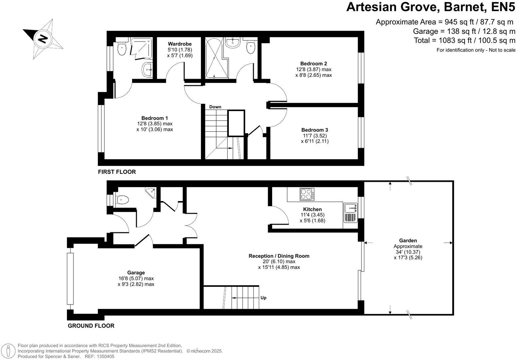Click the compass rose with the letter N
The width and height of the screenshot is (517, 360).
pos(43,39)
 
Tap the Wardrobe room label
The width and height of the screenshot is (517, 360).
pos(180,44)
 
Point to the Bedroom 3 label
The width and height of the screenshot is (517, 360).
pos(314,130)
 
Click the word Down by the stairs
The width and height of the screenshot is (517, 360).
pos(215,107)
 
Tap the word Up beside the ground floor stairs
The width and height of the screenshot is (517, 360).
pos(263,298)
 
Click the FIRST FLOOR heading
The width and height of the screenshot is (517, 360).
pos(117,172)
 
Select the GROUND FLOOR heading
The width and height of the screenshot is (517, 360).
pos(91,326)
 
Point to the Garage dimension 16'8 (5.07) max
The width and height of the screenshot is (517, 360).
pos(136,279)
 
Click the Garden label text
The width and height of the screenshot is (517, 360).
pos(408,240)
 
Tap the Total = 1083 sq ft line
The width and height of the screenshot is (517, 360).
pos(464,41)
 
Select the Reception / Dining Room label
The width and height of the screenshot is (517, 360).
pos(279,256)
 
